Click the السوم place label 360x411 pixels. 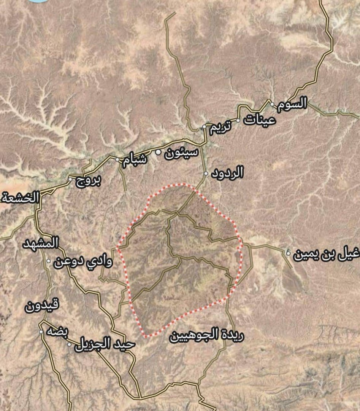[x=292, y=104]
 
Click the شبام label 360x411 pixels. [x=134, y=161]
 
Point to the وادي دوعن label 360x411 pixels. [x=83, y=262]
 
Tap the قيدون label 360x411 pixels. [x=43, y=306]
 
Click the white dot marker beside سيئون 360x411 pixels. [x=158, y=153]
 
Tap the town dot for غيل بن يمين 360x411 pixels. [x=289, y=253]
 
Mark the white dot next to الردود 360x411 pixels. [x=206, y=174]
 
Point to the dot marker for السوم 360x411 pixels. [x=272, y=104]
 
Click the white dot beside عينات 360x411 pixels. [x=238, y=121]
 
